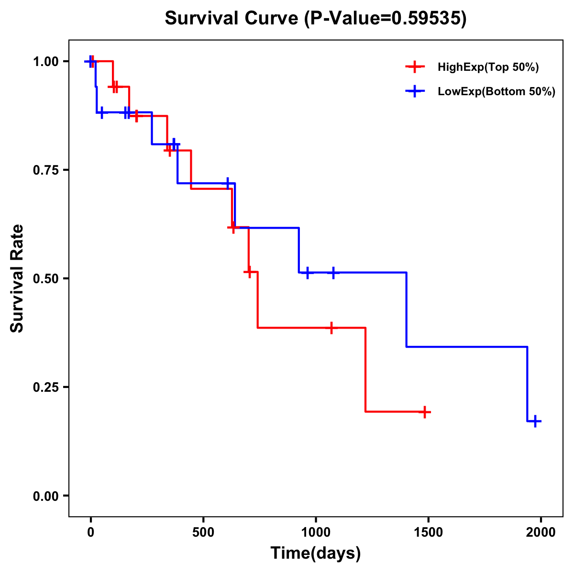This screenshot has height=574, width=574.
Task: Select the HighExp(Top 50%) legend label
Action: coord(488,67)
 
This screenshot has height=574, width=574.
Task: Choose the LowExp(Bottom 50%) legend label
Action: coord(497,92)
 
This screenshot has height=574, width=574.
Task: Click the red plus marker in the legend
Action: coord(415,67)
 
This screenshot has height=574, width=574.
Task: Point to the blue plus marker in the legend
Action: coord(415,91)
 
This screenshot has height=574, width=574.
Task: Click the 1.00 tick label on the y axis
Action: coord(45,62)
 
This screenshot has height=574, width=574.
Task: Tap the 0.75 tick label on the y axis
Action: coord(45,170)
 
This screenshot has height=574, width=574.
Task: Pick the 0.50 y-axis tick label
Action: coord(45,279)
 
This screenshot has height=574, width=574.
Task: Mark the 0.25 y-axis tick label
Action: coord(45,387)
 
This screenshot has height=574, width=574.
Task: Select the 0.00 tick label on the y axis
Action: coord(45,496)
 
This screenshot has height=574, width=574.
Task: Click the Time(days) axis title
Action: coord(316,553)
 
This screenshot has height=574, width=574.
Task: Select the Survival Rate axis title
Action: coord(17,278)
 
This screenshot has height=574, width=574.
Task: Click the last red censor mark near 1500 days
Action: coord(424,412)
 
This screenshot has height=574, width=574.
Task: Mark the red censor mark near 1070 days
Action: coord(331,328)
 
